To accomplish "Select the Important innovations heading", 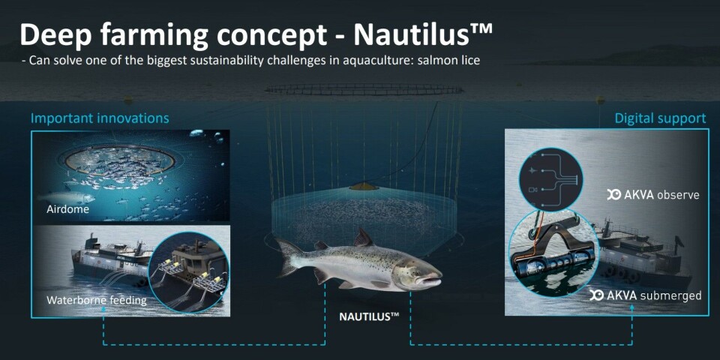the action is pos(100,118).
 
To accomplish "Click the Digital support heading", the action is pos(660,118).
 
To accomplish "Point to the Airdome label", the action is pos(67,210).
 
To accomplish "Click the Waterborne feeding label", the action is pos(97,301).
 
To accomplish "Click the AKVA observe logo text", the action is pos(653,195).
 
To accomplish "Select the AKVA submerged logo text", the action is pos(646,295).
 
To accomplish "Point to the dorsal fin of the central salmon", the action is pos(362,238).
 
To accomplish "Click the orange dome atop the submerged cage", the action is pos(364,187).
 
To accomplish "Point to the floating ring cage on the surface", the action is pos(364,88).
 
